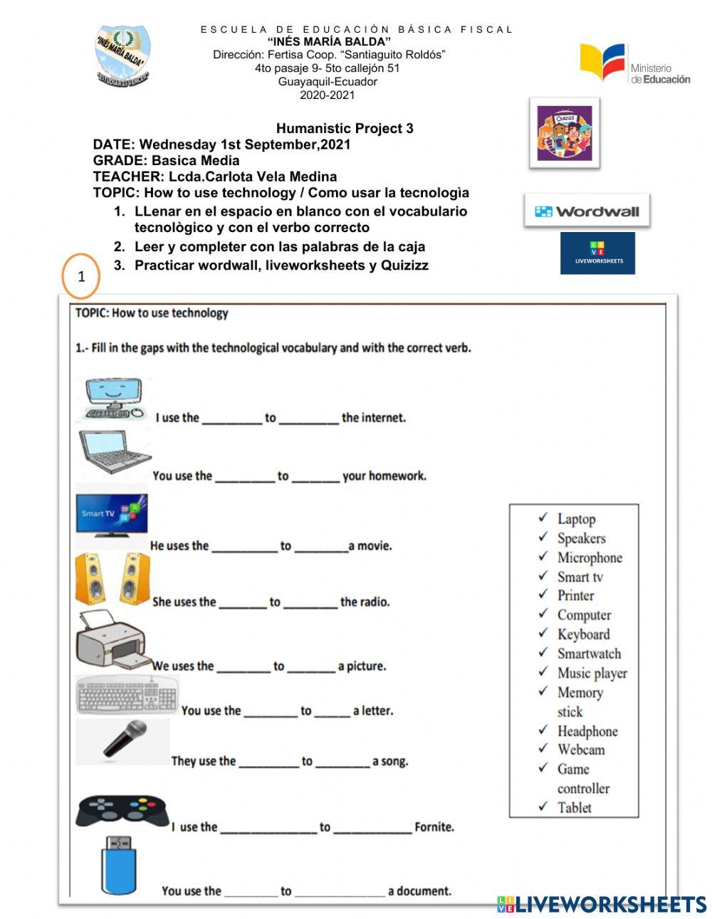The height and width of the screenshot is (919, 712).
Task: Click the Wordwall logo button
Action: click(x=587, y=211)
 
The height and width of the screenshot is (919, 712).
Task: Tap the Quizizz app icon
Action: click(x=564, y=133)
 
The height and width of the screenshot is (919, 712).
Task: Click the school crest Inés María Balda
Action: click(x=122, y=56)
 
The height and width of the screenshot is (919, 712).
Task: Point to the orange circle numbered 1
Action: click(x=80, y=276)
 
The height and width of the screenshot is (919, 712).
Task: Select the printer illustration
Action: click(x=111, y=639)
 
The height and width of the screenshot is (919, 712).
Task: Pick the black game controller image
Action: click(x=122, y=811)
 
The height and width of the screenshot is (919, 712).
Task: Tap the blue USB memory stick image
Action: click(x=118, y=866)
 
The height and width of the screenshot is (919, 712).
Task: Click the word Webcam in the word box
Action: click(x=581, y=750)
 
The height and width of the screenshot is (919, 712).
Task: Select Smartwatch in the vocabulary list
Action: click(x=589, y=653)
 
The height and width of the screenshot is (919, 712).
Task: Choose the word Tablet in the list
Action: click(x=574, y=807)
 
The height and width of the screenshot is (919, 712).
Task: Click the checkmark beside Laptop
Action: click(x=543, y=518)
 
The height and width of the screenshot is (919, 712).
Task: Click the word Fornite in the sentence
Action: click(x=434, y=827)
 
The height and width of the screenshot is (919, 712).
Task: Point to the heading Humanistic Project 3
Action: click(x=345, y=129)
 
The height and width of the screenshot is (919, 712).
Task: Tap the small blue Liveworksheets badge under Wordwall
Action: click(x=597, y=253)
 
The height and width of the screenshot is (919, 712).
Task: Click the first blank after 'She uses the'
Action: click(x=242, y=603)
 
